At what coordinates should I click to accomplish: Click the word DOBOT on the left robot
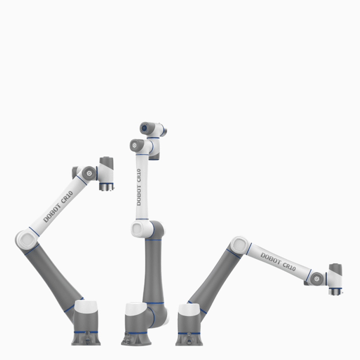point(52,213)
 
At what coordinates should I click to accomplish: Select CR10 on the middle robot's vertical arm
point(138,176)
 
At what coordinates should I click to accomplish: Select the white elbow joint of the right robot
point(240,245)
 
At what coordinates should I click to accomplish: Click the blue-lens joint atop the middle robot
point(145,127)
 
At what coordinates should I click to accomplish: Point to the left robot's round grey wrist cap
point(89,173)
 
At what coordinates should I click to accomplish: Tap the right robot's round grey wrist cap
point(316,278)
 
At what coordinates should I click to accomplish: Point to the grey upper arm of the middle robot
point(154,271)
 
